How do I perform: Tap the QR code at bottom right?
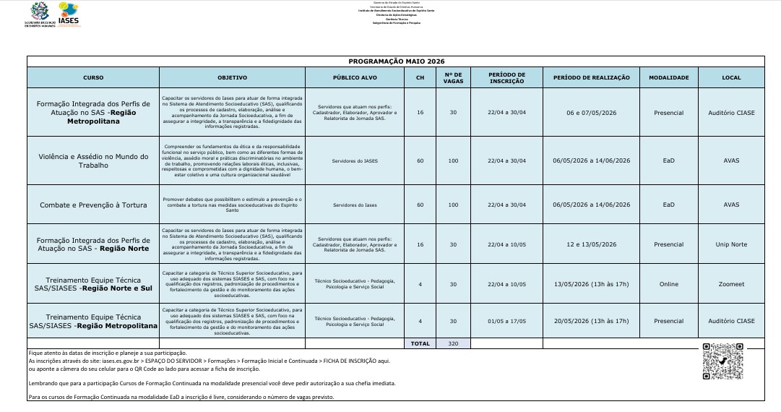[722, 361]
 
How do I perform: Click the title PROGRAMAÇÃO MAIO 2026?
[395, 61]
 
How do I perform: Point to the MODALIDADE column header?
[668, 78]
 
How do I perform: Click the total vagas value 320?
[453, 344]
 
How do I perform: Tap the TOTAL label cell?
[420, 344]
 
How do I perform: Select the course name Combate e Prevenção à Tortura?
[93, 205]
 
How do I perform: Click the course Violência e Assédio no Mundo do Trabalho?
[93, 160]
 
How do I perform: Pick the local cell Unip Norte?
[731, 244]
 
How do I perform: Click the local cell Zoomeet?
[731, 284]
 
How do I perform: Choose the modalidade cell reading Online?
[668, 284]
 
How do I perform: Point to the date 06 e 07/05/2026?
[591, 113]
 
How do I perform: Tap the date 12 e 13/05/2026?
[591, 244]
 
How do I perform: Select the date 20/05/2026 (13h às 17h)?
[591, 321]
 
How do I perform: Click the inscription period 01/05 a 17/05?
[506, 321]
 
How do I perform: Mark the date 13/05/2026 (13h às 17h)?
[591, 284]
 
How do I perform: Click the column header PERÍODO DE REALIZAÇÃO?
[591, 78]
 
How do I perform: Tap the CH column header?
[420, 78]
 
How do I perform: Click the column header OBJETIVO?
[232, 78]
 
